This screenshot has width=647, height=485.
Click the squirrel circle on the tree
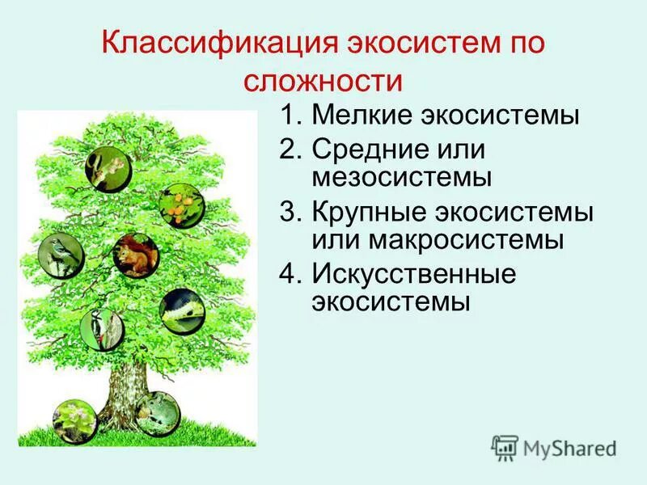tap(135, 255)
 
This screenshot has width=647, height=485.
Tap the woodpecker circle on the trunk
tap(101, 327)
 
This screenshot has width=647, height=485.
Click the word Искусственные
tap(413, 274)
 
